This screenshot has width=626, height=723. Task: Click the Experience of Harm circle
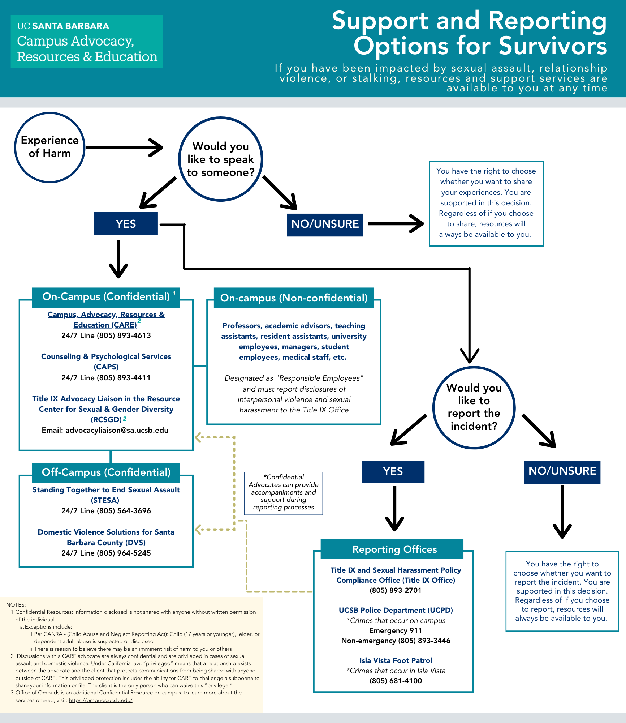50,147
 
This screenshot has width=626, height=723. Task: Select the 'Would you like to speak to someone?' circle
221,159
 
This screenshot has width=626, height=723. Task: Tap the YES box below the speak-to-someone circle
126,224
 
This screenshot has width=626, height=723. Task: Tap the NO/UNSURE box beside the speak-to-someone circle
325,224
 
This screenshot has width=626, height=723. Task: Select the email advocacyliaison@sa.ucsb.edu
117,430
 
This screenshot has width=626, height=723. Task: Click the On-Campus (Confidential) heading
106,297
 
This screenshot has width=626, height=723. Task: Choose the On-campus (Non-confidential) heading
294,298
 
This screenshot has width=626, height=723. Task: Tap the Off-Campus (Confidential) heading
106,472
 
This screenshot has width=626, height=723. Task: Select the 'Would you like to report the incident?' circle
474,407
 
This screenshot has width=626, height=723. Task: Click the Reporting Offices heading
394,549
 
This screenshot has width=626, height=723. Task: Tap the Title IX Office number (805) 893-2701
395,590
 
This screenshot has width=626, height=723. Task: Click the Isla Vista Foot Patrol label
396,660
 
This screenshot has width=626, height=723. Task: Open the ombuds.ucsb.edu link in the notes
100,700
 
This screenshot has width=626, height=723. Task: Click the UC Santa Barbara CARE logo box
87,42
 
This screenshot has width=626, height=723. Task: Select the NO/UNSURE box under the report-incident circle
562,471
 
